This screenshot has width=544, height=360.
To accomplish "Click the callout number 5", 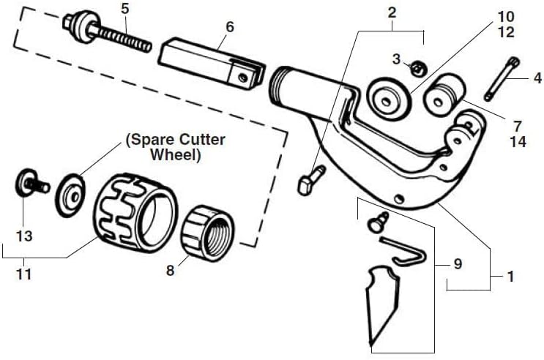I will coord(124,10).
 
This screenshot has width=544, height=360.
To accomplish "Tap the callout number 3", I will coord(397,59).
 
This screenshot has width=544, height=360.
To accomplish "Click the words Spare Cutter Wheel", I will coord(176,147).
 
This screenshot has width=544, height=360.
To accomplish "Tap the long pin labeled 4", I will coord(502,79).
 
